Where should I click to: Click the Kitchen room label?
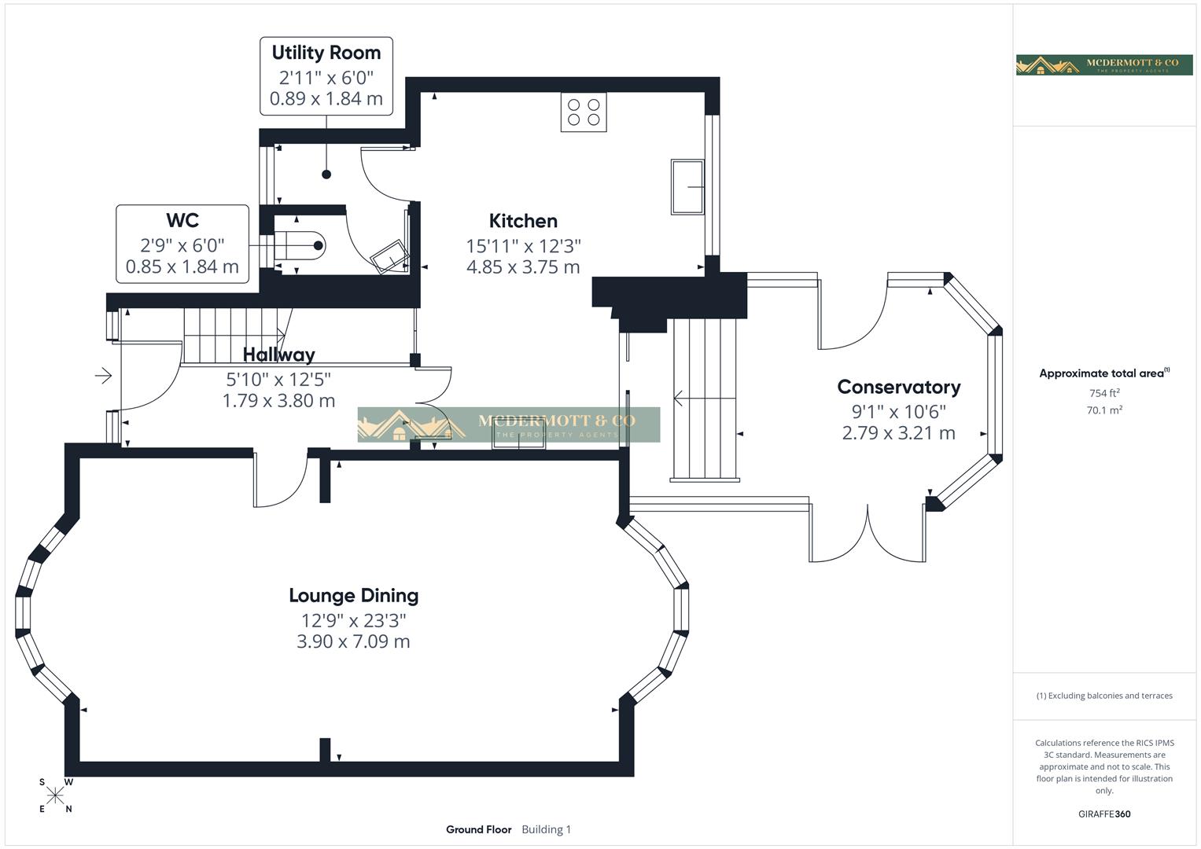523,221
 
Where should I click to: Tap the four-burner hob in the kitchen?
584,112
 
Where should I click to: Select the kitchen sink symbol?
687,186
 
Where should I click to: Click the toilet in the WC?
303,245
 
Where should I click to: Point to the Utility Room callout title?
326,53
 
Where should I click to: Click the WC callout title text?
182,220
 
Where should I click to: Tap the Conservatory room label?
898,387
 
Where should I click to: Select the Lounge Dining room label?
353,596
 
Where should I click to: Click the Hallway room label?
278,355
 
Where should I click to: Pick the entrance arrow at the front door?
103,377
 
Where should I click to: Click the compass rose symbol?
55,796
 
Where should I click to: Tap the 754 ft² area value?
1103,393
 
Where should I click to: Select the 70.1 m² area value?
1103,410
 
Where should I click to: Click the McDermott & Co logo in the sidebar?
1104,64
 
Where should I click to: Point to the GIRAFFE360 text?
1103,814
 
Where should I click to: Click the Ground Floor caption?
478,829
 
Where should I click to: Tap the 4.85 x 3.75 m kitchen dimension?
523,267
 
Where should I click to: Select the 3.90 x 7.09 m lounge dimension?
353,641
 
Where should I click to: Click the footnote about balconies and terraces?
1103,696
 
